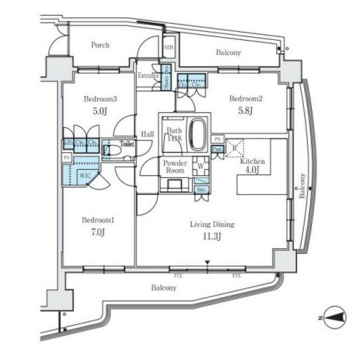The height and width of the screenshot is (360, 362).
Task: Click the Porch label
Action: pos(100,45)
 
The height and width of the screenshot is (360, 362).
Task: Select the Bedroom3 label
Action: pos(100,99)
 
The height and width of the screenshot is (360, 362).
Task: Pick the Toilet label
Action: pos(127,144)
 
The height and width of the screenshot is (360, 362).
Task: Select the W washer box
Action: pos(200,165)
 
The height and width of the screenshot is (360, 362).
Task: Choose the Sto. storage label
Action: pos(202,190)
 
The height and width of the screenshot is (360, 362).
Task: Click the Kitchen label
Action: pos(252,162)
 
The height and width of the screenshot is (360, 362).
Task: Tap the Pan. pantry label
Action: pos(217,149)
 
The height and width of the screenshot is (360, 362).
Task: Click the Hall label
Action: pos(148,134)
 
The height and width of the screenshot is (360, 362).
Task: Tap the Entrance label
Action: pos(148,75)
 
